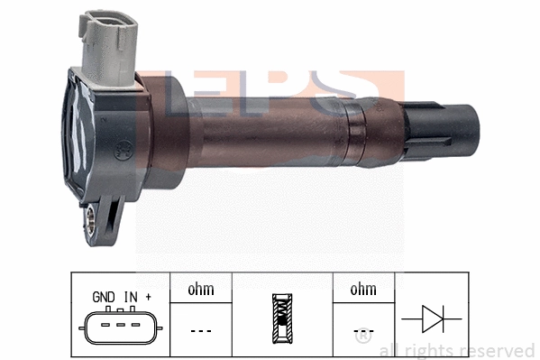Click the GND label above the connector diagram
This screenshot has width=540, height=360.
(104, 296)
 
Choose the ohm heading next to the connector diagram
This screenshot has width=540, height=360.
(199, 290)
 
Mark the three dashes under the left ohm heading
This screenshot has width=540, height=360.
(199, 329)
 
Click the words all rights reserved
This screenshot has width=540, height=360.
(456, 350)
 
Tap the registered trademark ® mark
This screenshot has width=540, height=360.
(362, 339)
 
